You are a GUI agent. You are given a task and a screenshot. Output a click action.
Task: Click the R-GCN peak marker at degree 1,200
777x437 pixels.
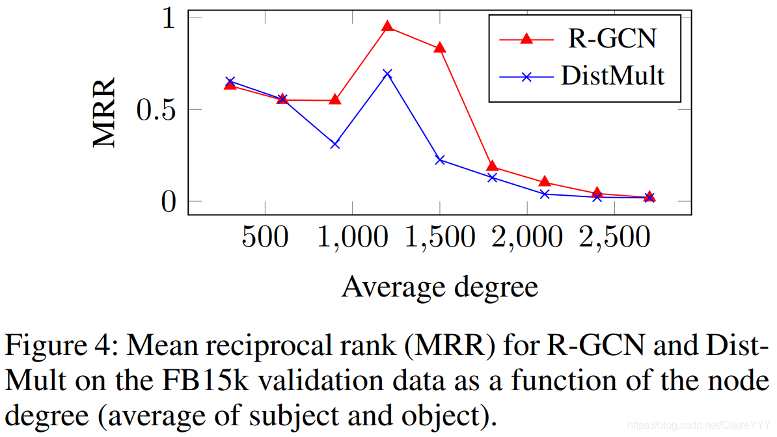[x=388, y=27]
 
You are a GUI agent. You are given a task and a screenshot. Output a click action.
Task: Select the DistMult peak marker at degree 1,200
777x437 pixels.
[x=388, y=73]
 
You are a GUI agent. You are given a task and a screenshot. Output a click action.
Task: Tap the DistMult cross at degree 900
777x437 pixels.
[x=335, y=144]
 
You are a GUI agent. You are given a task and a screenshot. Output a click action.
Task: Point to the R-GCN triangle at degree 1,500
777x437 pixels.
[x=440, y=47]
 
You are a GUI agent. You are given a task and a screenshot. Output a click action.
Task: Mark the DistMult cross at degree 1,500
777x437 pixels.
[x=440, y=159]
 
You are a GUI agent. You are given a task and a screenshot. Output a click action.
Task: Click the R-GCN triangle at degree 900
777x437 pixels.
[x=335, y=99]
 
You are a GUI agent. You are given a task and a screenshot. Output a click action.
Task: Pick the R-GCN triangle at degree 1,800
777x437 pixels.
[x=493, y=166]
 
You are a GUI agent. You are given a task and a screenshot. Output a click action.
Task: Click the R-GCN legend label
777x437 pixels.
[x=612, y=38]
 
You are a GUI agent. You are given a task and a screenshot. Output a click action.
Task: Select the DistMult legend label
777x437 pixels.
[x=612, y=75]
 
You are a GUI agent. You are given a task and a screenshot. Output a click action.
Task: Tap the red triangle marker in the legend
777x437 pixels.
[x=526, y=39]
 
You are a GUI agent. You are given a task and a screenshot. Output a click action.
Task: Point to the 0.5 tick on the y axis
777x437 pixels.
[x=156, y=109]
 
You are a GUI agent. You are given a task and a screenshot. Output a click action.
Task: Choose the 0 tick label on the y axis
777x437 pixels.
[x=169, y=202]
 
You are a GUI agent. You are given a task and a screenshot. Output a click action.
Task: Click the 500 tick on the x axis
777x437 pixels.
[x=265, y=238]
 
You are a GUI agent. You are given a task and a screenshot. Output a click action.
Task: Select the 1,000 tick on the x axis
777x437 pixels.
[x=352, y=238]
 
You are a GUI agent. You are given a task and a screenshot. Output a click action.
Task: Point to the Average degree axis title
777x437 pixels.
[x=440, y=287]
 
